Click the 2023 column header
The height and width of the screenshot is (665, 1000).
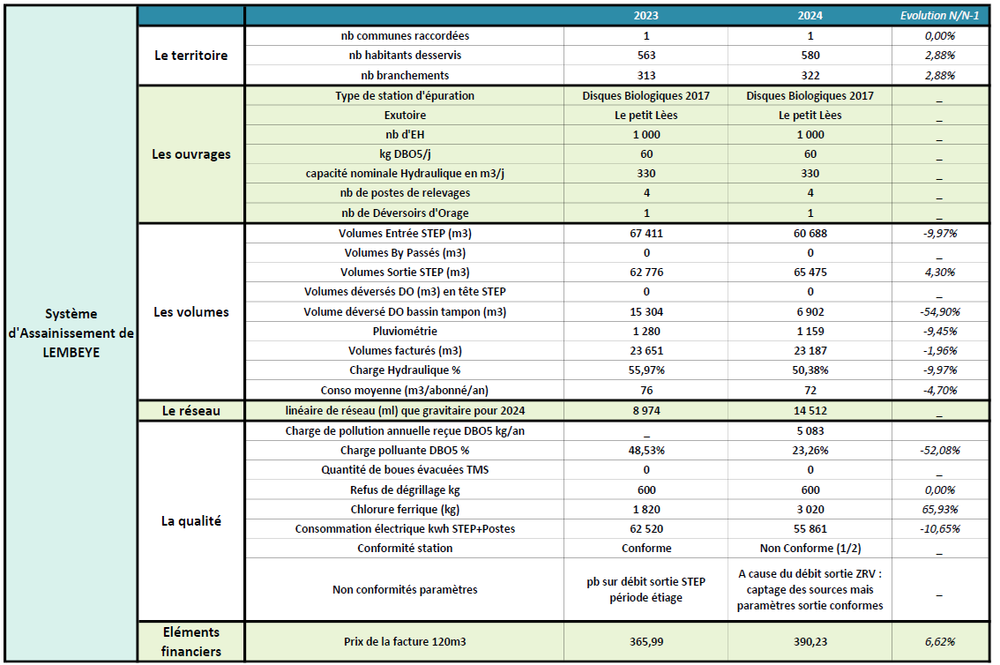point(646,16)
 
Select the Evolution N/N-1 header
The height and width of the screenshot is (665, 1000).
point(940,16)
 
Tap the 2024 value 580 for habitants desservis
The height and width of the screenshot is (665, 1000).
point(810,56)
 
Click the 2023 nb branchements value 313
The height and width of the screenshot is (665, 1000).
point(646,75)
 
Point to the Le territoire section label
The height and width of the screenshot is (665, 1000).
point(190,56)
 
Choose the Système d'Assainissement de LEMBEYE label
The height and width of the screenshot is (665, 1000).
point(71,332)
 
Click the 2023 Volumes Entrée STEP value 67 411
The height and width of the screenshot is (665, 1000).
point(646,234)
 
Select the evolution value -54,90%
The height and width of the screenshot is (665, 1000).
point(940,311)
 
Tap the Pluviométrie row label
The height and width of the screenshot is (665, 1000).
point(405,331)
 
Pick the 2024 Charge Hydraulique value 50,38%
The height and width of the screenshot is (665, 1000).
point(810,370)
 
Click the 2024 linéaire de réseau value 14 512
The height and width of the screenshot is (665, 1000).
point(810,410)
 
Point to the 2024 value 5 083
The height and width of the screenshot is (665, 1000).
point(810,431)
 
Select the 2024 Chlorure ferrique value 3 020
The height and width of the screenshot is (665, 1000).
point(810,509)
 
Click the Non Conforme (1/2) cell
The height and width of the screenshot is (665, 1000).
point(810,548)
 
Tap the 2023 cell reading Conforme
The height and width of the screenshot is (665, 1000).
point(646,548)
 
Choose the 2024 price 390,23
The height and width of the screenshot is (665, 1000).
point(810,642)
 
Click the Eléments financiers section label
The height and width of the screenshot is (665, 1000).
point(190,642)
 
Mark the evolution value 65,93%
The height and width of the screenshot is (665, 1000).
point(940,509)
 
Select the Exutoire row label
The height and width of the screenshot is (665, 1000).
point(405,115)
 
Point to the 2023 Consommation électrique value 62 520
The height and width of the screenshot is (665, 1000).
point(646,528)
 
